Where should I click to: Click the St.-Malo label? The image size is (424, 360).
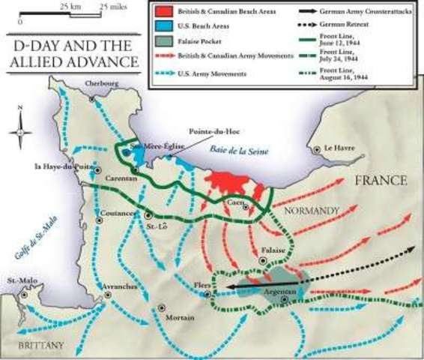(18, 282)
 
